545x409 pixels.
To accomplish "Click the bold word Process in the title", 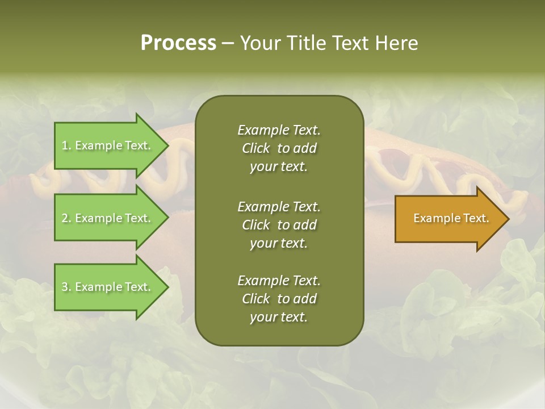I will tap(178, 43).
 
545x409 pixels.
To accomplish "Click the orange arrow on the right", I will tap(448, 219).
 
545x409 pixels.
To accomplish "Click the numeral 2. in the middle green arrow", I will tap(66, 218).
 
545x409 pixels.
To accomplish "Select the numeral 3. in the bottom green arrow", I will tap(66, 287).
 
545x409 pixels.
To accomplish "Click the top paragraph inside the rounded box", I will tap(279, 148).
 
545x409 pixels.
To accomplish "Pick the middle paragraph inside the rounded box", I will tap(279, 225).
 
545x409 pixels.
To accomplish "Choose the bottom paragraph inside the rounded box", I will tap(279, 299).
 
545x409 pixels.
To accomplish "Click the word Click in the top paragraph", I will tap(256, 148).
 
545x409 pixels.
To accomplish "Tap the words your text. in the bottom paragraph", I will tap(279, 318).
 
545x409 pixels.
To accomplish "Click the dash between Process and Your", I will tap(228, 43).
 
